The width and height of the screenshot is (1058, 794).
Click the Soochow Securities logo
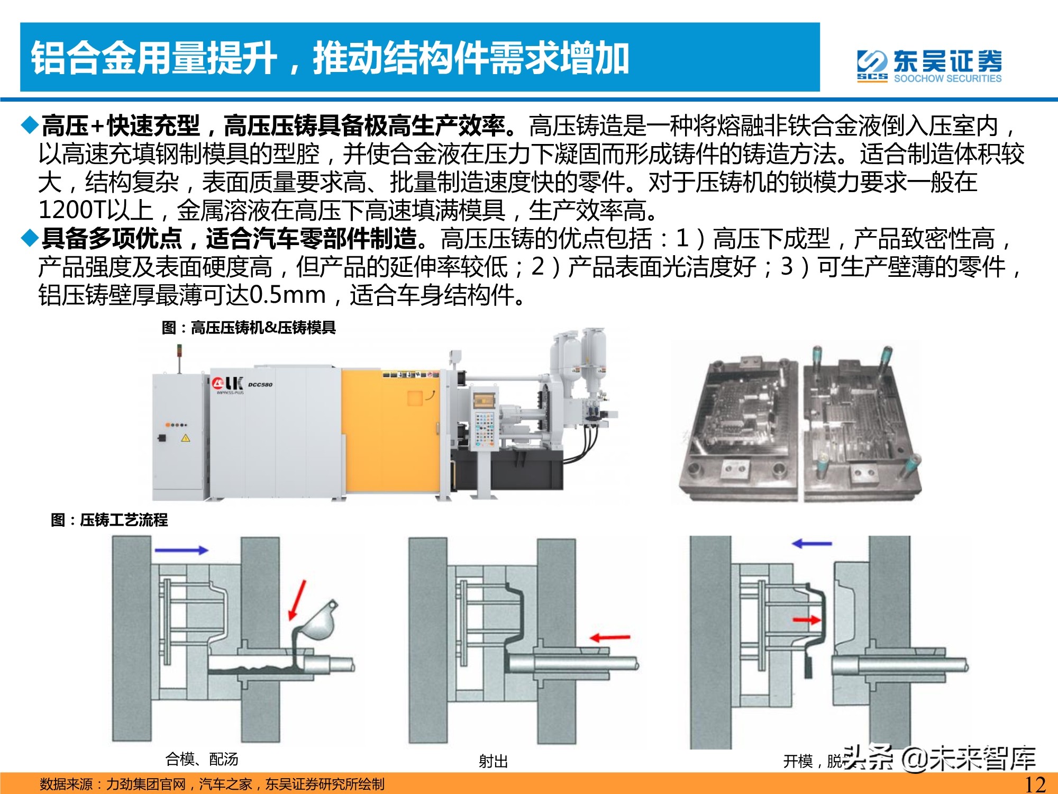929,66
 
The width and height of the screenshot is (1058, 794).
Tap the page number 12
1035,784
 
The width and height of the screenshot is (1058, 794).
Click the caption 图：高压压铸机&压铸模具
249,328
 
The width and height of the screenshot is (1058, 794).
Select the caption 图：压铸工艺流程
109,520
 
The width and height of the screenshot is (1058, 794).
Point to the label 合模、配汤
202,759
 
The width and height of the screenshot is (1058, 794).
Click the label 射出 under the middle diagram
493,761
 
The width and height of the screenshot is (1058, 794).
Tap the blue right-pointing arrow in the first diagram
181,550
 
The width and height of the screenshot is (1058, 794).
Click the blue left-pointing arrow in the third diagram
812,543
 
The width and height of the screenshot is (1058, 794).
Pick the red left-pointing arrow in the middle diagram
610,637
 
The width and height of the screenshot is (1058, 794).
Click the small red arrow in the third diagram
806,619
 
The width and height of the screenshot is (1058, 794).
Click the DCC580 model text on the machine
260,384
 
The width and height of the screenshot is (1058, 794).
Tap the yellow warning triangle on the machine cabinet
185,438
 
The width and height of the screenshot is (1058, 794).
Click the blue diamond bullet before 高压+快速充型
30,125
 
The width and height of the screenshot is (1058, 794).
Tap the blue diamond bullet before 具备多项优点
30,238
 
